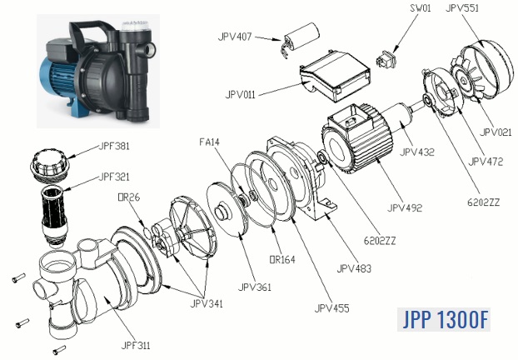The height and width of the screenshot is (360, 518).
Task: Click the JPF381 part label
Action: [114, 146]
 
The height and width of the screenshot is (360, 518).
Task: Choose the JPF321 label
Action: [114, 177]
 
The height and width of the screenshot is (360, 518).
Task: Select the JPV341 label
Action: [209, 304]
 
